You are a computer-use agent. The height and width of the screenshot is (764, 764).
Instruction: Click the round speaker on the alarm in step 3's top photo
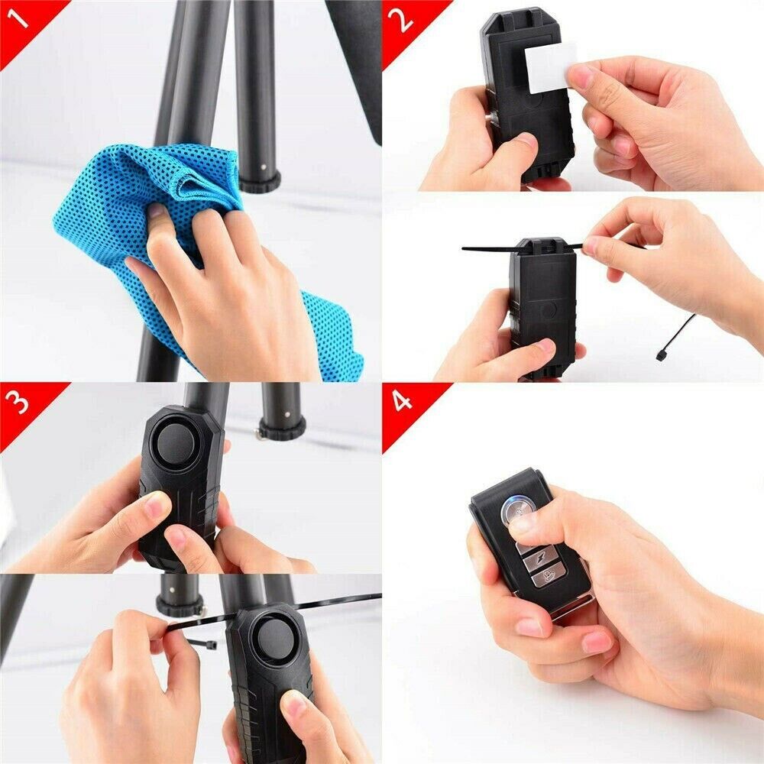point(176,443)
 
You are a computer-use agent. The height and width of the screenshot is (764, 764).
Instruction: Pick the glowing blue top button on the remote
point(516,512)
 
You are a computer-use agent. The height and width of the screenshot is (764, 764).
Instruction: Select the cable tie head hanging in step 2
point(662,354)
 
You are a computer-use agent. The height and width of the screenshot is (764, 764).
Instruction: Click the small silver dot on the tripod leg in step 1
point(264,167)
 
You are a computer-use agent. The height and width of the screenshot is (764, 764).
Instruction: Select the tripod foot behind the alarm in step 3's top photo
point(283,428)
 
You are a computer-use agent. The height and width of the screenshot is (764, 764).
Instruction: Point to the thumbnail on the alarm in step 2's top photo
point(524,141)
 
